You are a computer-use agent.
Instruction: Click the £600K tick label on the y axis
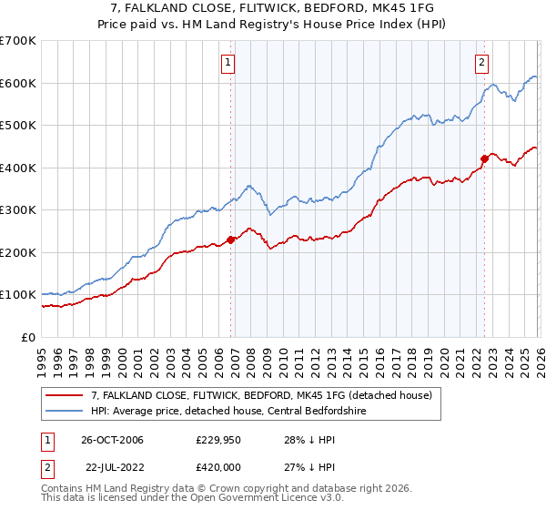tap(17, 83)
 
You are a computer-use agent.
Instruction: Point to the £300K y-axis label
tap(17, 209)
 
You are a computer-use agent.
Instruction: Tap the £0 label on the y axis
tap(27, 337)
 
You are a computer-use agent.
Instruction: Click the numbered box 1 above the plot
tap(227, 63)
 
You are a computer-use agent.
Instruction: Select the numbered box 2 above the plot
tap(480, 63)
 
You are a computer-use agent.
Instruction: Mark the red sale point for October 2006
tap(231, 240)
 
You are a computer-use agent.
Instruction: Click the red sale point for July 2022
tap(484, 158)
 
